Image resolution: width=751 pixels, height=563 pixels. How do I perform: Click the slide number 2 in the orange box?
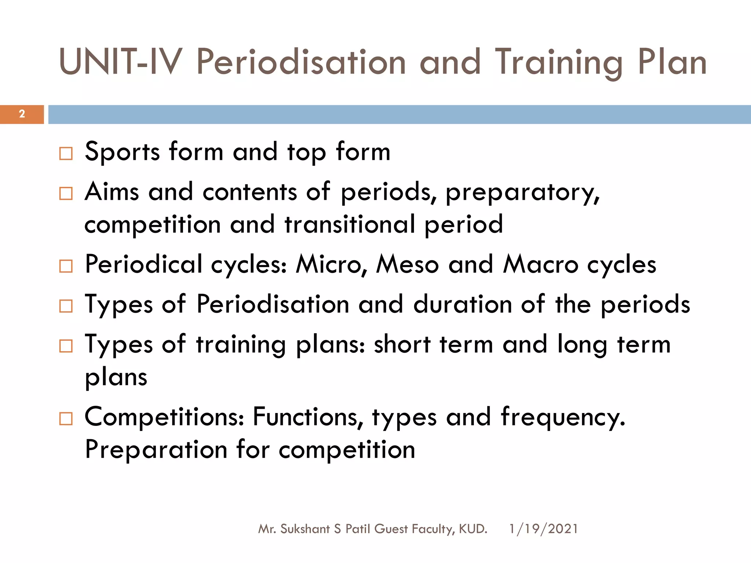tap(22, 114)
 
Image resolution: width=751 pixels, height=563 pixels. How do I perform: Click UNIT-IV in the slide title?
tap(120, 62)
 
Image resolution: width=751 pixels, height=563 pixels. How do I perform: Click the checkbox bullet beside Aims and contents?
tap(66, 193)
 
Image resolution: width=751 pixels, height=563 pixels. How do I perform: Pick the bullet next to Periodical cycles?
tap(66, 266)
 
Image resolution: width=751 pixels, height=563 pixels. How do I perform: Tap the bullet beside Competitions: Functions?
tap(66, 418)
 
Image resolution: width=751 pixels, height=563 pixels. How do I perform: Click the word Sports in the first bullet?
tap(122, 152)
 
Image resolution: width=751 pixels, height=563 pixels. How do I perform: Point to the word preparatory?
tap(522, 193)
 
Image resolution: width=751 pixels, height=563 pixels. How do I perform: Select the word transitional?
tap(350, 225)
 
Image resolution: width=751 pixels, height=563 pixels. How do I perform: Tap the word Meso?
tap(407, 265)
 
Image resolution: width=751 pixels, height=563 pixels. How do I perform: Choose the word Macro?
tap(541, 265)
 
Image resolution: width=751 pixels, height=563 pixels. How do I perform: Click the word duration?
tap(462, 305)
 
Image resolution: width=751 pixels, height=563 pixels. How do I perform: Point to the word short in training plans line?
tap(402, 345)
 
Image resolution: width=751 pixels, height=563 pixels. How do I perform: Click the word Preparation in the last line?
tap(156, 450)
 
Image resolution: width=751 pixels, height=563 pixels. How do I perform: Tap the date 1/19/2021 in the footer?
tap(543, 529)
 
